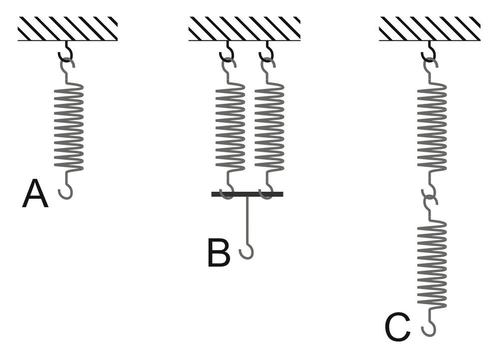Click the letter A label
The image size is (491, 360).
35,194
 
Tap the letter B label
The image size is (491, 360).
219,253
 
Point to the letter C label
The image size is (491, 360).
397,328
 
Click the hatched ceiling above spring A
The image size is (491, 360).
68,28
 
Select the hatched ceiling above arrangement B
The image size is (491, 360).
244,28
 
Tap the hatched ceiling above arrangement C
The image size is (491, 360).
429,28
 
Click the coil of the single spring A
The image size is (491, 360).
69,127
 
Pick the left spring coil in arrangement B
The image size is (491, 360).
230,127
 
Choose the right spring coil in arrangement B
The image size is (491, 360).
269,127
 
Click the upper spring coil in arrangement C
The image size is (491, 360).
432,127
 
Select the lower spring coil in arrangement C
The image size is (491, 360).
432,265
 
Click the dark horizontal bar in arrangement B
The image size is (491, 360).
247,194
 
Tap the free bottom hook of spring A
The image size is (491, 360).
65,192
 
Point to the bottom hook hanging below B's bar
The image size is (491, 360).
246,252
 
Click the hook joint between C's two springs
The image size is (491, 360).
430,196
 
